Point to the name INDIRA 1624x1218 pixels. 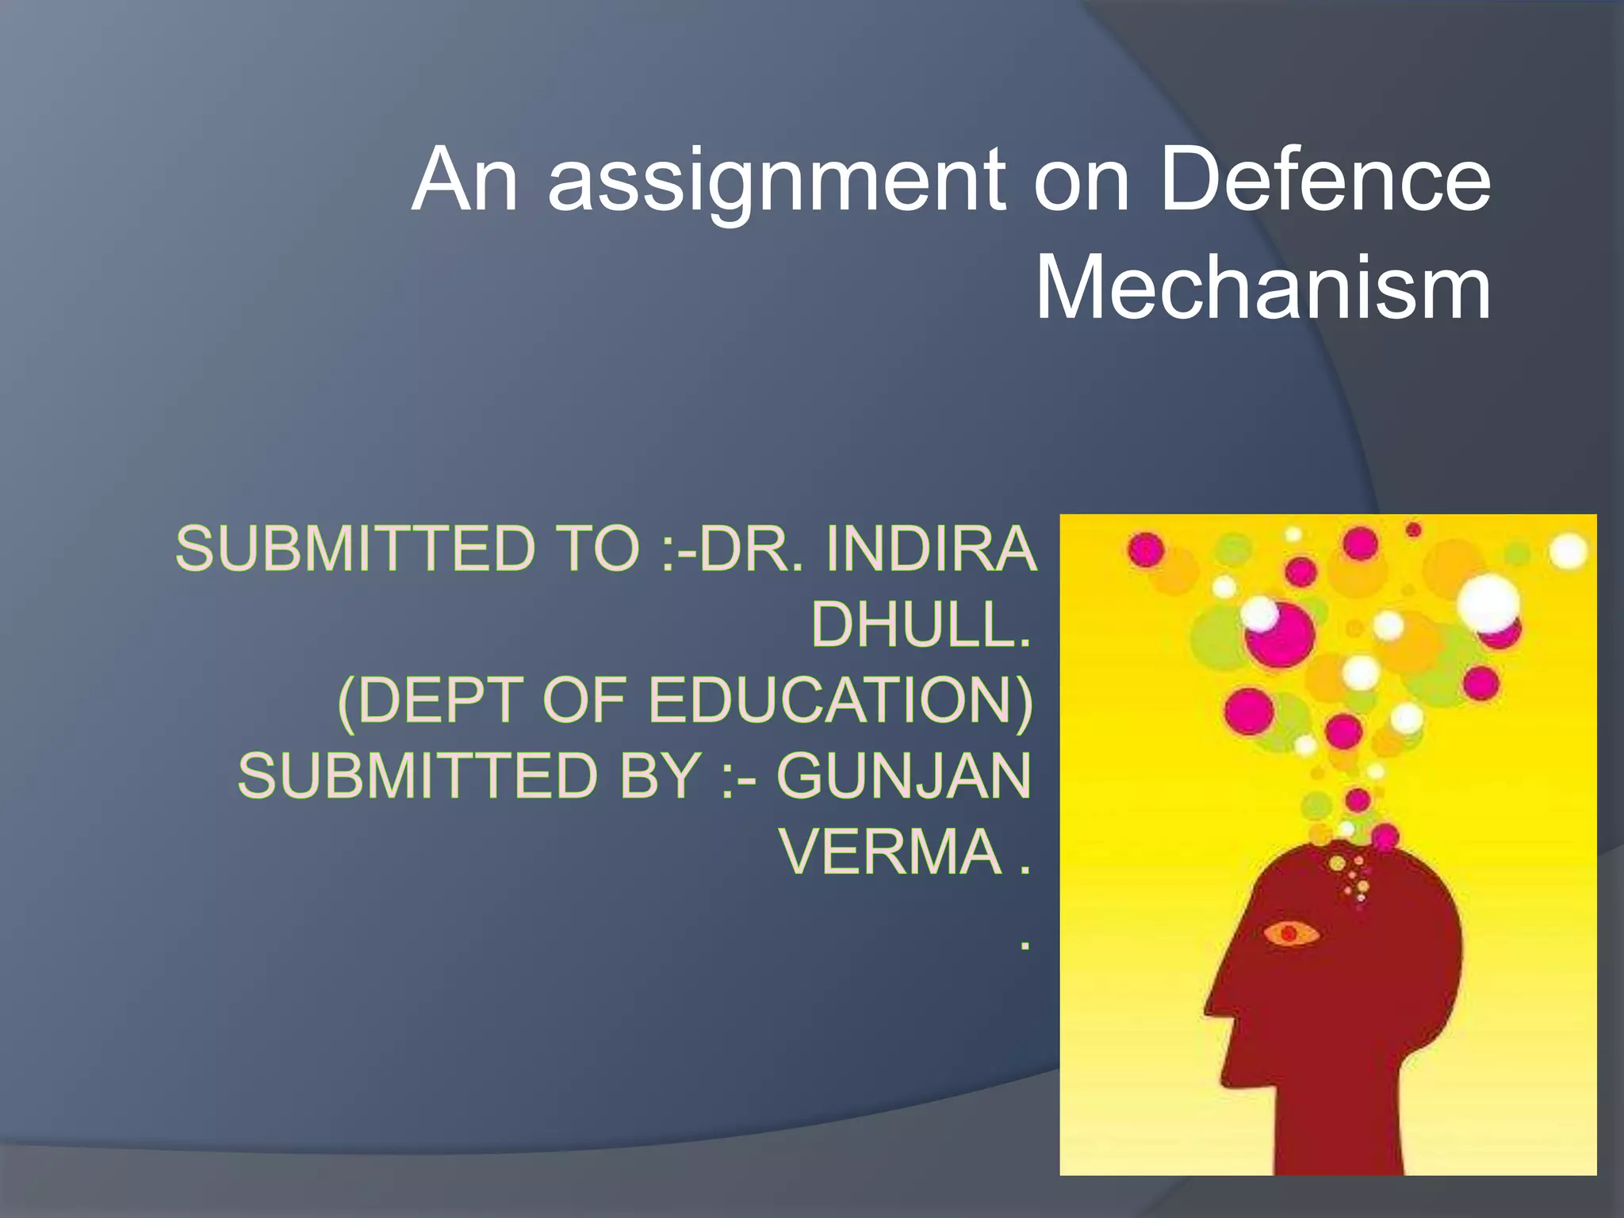pos(931,549)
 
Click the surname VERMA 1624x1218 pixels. pos(891,852)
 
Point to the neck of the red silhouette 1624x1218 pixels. pos(1340,1126)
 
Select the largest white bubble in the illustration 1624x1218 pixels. pos(1488,603)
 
